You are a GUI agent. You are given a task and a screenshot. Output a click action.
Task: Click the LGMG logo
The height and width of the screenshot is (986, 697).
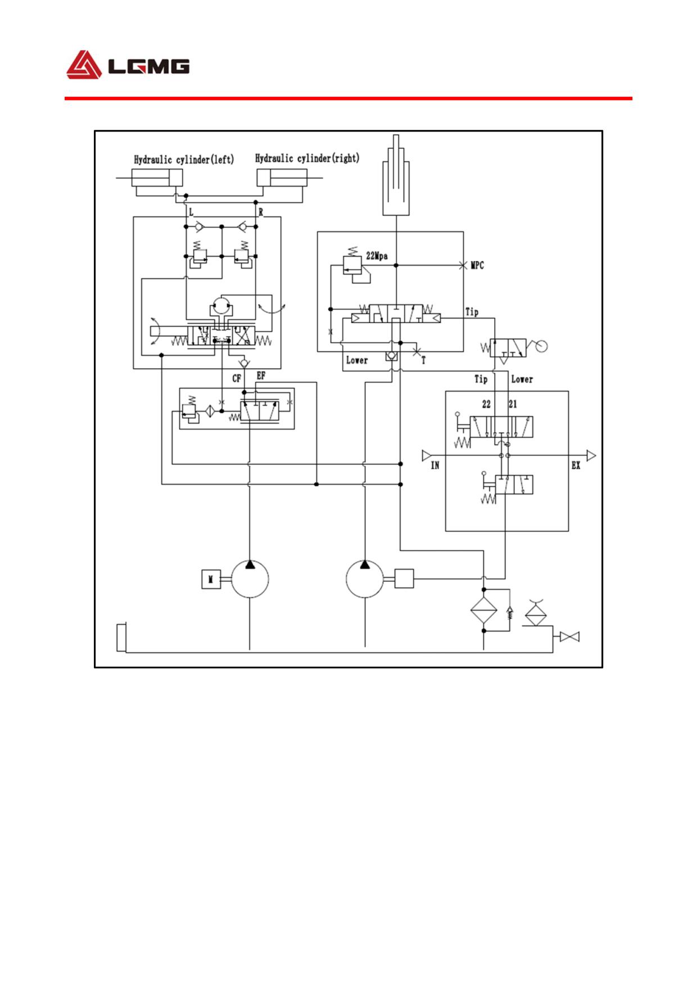(128, 65)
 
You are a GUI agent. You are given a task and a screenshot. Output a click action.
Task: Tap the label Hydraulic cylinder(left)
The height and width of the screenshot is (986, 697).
(184, 160)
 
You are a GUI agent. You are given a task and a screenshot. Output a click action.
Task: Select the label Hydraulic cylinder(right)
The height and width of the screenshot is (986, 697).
(307, 158)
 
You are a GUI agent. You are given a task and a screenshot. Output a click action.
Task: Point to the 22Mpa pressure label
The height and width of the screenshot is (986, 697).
(377, 256)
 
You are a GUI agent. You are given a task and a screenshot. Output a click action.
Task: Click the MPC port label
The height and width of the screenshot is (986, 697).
(477, 265)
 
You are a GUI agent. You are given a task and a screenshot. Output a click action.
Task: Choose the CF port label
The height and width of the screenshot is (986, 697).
(237, 378)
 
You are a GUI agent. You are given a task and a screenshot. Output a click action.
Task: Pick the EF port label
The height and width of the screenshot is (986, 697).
(261, 376)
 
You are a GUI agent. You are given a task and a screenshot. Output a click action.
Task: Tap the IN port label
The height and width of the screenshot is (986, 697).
(435, 465)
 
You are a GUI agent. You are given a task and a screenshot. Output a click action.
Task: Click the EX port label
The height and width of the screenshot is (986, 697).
(576, 465)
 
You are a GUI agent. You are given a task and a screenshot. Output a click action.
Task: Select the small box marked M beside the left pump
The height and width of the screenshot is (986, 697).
(211, 579)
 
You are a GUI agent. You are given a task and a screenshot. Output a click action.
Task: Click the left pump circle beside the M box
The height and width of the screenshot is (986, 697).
(250, 579)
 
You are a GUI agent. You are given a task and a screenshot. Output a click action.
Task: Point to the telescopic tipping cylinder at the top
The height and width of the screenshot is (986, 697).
(396, 175)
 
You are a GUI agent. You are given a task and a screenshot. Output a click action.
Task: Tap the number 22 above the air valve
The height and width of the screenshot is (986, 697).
(486, 404)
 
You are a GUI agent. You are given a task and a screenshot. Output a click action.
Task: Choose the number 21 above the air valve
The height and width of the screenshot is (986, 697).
(513, 404)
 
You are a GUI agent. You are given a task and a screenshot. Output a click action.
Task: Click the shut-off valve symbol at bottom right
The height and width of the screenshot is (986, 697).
(570, 637)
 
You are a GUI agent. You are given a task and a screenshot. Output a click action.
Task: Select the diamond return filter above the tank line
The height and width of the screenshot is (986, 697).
(484, 610)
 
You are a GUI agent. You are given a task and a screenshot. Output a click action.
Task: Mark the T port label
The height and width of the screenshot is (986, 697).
(423, 360)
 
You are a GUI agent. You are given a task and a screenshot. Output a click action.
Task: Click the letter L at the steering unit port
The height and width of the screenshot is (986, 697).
(191, 212)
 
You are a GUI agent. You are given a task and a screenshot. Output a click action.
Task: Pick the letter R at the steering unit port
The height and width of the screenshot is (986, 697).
(260, 212)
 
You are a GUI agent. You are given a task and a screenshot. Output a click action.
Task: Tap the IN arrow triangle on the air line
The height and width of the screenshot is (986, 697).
(426, 455)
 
